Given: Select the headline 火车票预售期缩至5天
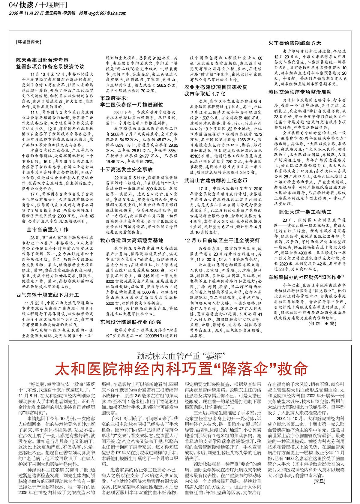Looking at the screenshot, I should (x=295, y=43).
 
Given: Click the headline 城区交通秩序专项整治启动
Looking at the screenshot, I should (x=300, y=92).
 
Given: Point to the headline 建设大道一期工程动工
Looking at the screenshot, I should (x=305, y=212).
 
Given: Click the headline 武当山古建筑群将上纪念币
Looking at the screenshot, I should (x=216, y=181).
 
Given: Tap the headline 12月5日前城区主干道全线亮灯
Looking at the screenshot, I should (x=222, y=241).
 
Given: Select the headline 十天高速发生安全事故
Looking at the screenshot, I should (x=126, y=169).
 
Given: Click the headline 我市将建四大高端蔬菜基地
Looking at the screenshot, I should (x=131, y=241).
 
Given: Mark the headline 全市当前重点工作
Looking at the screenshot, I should (x=47, y=230).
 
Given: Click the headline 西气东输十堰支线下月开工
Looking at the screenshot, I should (x=48, y=295).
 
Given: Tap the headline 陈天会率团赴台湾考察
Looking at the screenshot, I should (x=42, y=60).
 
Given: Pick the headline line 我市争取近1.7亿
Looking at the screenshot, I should (x=205, y=94).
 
